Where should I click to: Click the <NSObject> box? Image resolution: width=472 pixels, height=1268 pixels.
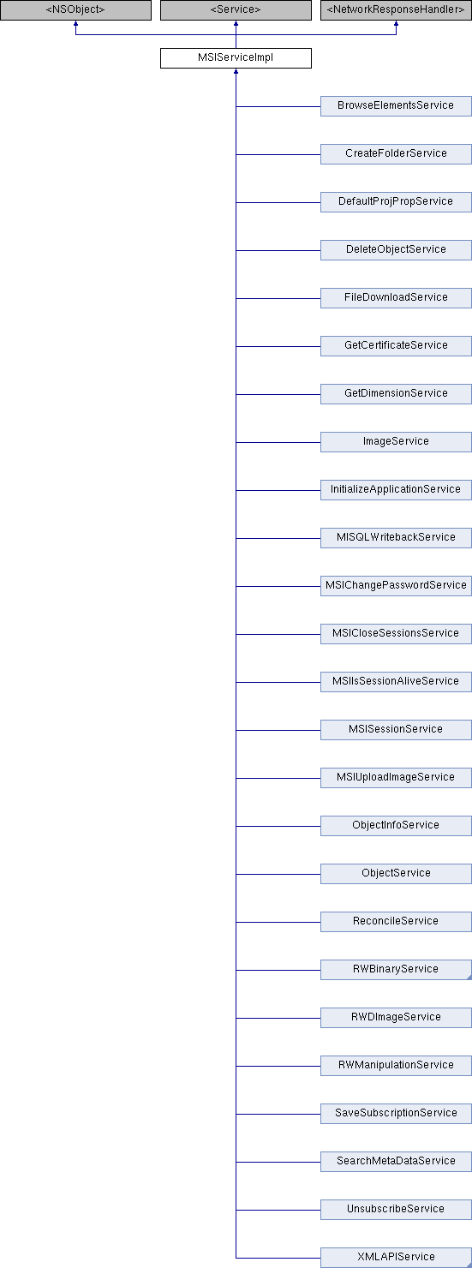point(75,9)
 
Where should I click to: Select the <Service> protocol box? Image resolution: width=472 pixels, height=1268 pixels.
point(236,9)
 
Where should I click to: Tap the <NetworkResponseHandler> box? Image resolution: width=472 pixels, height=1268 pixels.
point(396,9)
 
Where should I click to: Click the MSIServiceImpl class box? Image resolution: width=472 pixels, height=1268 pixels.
point(236,58)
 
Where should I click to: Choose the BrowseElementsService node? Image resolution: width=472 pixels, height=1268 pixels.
point(396,106)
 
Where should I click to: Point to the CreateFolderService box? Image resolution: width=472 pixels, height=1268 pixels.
point(396,154)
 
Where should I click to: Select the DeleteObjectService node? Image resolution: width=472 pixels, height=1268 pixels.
point(396,249)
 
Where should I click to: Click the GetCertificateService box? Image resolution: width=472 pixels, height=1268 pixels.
point(396,346)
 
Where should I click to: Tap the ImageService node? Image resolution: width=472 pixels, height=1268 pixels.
point(396,441)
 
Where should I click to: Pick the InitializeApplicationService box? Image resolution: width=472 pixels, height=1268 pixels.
point(396,490)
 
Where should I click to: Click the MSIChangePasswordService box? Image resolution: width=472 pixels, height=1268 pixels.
point(396,586)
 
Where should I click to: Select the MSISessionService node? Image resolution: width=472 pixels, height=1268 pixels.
point(396,730)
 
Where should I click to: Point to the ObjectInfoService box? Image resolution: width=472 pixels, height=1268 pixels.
point(396,825)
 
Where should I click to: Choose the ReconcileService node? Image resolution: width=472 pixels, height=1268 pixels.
point(396,922)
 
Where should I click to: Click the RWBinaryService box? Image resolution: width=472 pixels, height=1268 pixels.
point(396,970)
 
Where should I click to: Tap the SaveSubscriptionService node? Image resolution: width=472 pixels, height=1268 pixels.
point(396,1114)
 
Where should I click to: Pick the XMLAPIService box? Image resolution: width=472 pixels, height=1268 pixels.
point(396,1257)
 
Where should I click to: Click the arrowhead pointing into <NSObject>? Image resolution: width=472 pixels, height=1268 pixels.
point(75,24)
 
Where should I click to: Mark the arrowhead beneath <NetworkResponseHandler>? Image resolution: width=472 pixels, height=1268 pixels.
point(396,24)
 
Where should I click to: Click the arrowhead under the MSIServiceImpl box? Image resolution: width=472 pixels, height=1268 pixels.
point(236,72)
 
